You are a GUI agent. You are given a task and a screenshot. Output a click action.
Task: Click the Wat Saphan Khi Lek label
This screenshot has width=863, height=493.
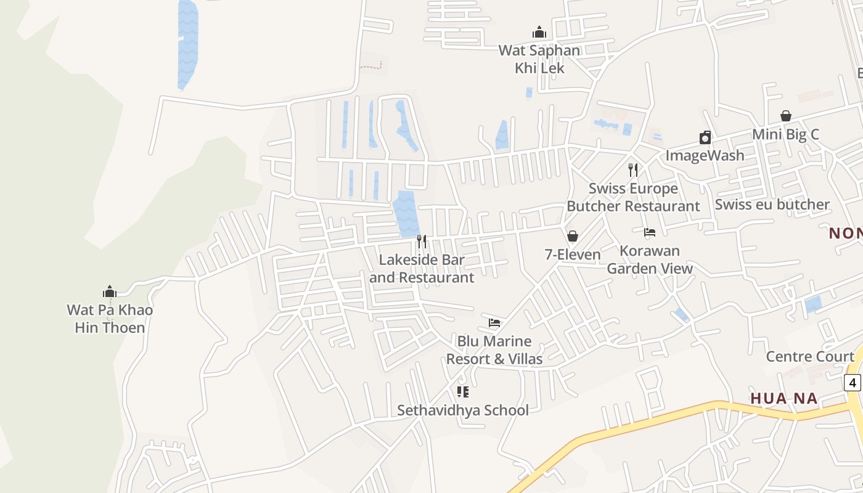(539, 59)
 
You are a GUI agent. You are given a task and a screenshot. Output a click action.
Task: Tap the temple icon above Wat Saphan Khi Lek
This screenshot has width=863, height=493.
(539, 33)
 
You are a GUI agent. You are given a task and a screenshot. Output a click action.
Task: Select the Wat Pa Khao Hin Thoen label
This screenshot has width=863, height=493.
(110, 319)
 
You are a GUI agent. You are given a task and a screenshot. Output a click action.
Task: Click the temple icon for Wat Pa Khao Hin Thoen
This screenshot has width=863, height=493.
(110, 291)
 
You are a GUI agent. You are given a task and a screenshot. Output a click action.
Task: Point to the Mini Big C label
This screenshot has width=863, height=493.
(785, 134)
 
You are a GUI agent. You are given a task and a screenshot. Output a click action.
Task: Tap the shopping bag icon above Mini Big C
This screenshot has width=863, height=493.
(786, 116)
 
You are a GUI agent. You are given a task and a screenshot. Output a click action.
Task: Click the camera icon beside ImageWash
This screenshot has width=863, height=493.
(705, 137)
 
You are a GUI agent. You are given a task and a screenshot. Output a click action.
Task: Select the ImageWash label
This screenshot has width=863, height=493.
(705, 155)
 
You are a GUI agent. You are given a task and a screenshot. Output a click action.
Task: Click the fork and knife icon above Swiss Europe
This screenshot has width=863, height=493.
(633, 169)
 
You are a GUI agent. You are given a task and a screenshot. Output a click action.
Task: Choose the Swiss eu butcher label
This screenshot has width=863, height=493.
(772, 205)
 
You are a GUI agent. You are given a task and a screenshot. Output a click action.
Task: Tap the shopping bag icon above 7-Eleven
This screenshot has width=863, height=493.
(573, 236)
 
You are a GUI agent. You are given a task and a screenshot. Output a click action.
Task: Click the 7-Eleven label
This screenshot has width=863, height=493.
(573, 255)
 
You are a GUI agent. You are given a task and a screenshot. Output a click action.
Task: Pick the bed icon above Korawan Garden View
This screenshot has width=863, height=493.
(650, 232)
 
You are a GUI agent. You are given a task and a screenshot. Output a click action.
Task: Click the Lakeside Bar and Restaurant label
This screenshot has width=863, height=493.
(422, 269)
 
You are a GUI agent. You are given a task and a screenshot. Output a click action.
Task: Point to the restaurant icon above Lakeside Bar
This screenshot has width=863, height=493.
(422, 241)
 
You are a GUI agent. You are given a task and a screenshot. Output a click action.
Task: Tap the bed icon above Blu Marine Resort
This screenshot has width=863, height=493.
(494, 322)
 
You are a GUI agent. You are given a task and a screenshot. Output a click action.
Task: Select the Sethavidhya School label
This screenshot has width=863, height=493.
(463, 410)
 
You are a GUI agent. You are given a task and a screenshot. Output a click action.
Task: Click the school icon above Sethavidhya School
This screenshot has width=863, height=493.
(463, 391)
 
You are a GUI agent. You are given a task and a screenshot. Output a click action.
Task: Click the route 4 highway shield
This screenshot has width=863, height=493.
(853, 383)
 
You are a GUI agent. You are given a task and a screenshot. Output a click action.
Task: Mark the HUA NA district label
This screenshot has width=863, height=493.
(784, 399)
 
